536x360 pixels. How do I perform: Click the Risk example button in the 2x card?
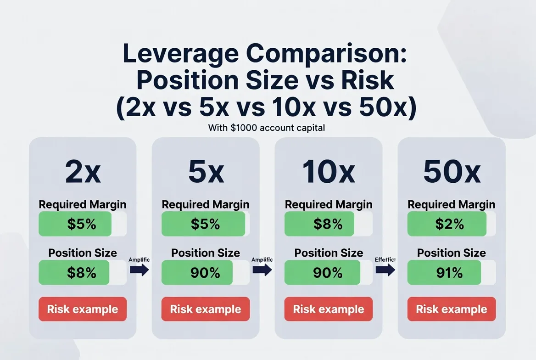pos(83,309)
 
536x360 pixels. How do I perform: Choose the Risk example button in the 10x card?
pos(329,309)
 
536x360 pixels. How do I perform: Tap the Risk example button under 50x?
pos(452,309)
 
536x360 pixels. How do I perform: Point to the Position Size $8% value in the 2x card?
pos(81,273)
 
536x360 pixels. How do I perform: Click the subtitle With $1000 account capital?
pos(267,128)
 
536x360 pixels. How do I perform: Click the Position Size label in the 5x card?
pos(206,253)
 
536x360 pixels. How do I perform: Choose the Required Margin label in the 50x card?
pos(452,204)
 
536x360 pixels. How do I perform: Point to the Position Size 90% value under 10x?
pos(328,273)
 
